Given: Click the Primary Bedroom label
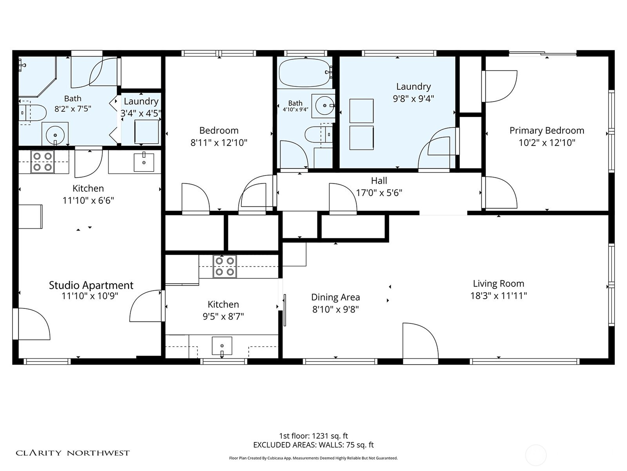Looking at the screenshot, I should click(547, 130).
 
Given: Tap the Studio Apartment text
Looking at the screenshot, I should click(91, 285).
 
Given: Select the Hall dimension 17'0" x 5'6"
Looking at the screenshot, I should click(379, 193).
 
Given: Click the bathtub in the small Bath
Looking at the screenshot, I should click(304, 73).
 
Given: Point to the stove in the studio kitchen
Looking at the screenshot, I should click(42, 162).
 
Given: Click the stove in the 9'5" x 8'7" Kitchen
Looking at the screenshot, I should click(225, 267).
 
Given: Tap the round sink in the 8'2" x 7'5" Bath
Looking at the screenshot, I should click(55, 135).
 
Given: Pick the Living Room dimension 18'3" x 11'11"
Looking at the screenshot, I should click(498, 296).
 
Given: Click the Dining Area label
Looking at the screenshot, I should click(335, 297).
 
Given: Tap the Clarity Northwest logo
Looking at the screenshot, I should click(72, 453).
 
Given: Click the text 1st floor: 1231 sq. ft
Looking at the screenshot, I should click(313, 436).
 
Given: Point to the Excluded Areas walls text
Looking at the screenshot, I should click(313, 445).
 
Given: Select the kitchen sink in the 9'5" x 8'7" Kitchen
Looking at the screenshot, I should click(222, 346).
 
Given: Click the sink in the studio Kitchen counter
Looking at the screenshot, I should click(144, 162).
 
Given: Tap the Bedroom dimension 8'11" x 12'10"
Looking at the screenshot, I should click(219, 143).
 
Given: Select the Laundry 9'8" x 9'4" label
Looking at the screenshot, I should click(413, 93).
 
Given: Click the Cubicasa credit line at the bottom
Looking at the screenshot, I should click(313, 458).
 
